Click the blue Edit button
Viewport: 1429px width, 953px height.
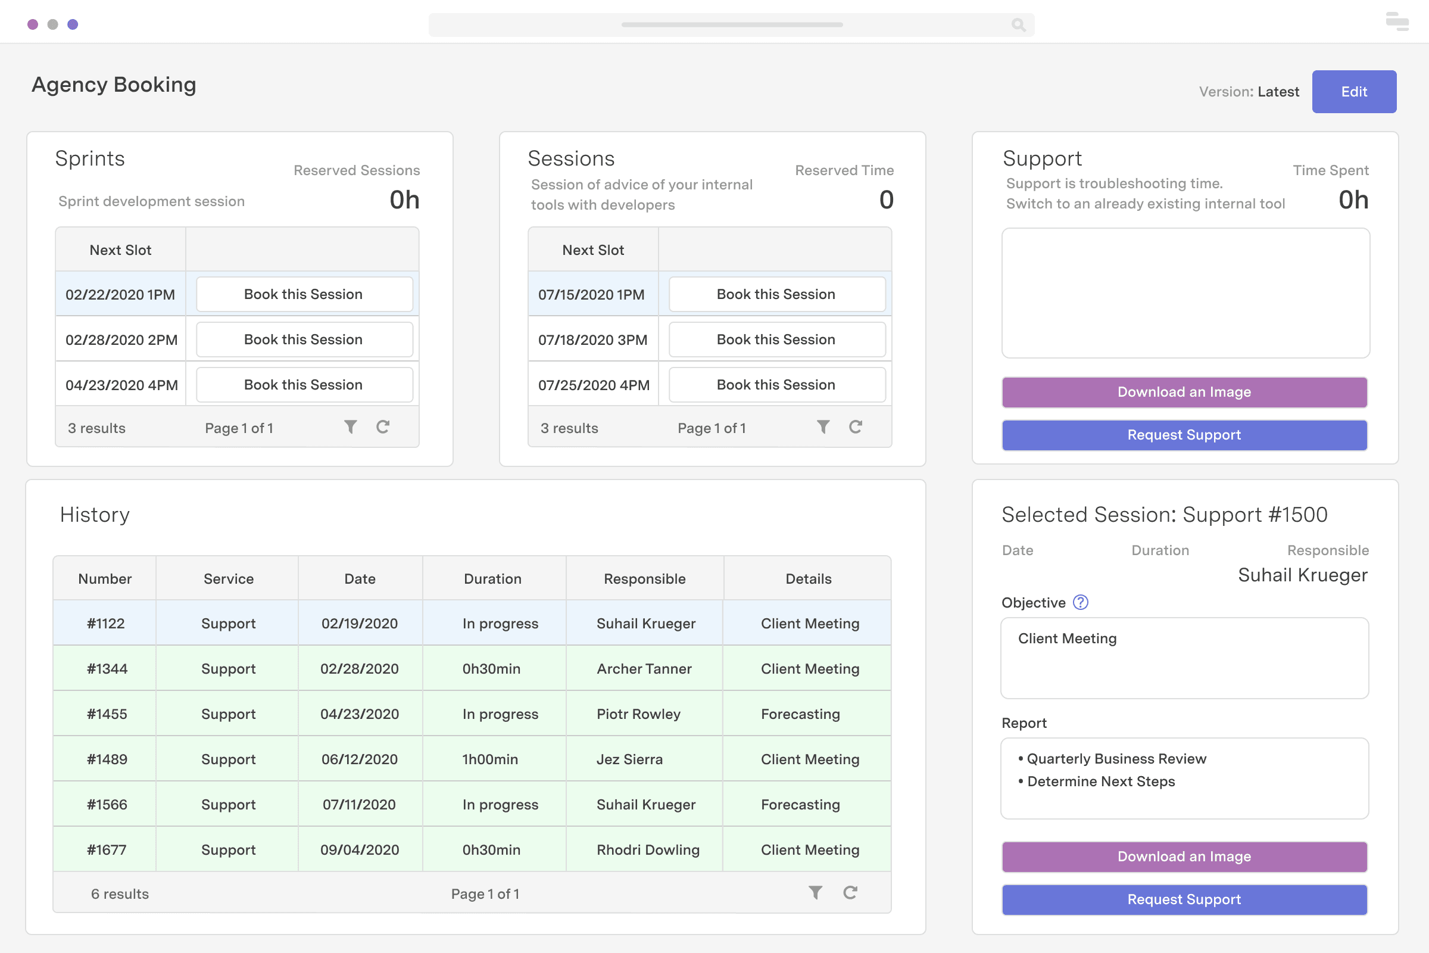tap(1353, 92)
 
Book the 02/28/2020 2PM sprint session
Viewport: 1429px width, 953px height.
tap(304, 340)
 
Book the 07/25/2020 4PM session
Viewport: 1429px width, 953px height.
tap(776, 385)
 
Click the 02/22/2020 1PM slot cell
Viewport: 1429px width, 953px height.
tap(120, 295)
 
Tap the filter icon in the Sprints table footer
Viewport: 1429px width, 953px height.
tap(351, 427)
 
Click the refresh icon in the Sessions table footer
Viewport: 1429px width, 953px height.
tap(856, 427)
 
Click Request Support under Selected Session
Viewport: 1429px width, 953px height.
tap(1184, 899)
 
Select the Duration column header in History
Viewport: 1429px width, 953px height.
tap(493, 578)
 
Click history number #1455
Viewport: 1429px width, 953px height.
tap(107, 714)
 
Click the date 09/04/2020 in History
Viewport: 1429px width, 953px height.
tap(360, 851)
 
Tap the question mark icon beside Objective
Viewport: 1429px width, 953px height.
tap(1080, 602)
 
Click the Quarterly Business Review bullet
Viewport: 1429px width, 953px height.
tap(1115, 759)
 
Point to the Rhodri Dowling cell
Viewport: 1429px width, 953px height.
tap(648, 851)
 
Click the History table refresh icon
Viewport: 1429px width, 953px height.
tap(850, 893)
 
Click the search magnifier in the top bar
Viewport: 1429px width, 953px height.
tap(1018, 25)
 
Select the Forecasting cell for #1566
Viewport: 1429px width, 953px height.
tap(800, 805)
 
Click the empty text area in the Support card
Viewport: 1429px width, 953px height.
tap(1185, 294)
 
